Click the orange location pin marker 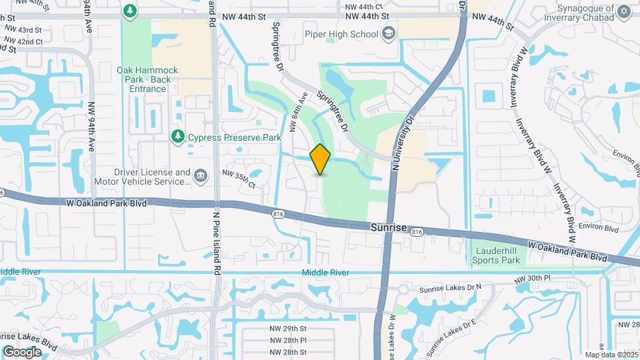tap(321, 159)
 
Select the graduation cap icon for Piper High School tap(388, 33)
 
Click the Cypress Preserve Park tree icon tap(177, 137)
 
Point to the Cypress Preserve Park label tap(234, 137)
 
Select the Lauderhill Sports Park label tap(495, 255)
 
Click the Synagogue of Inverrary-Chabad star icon tap(624, 11)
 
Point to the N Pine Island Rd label tap(216, 243)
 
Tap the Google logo tap(22, 352)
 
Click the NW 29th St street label tap(288, 329)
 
